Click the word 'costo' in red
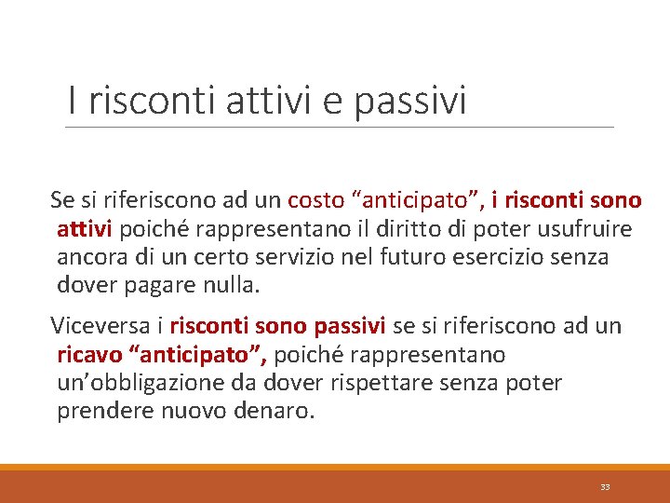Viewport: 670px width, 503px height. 316,200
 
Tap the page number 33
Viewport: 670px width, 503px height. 605,487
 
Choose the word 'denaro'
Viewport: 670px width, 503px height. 272,412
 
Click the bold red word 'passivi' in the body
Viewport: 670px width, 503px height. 350,326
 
